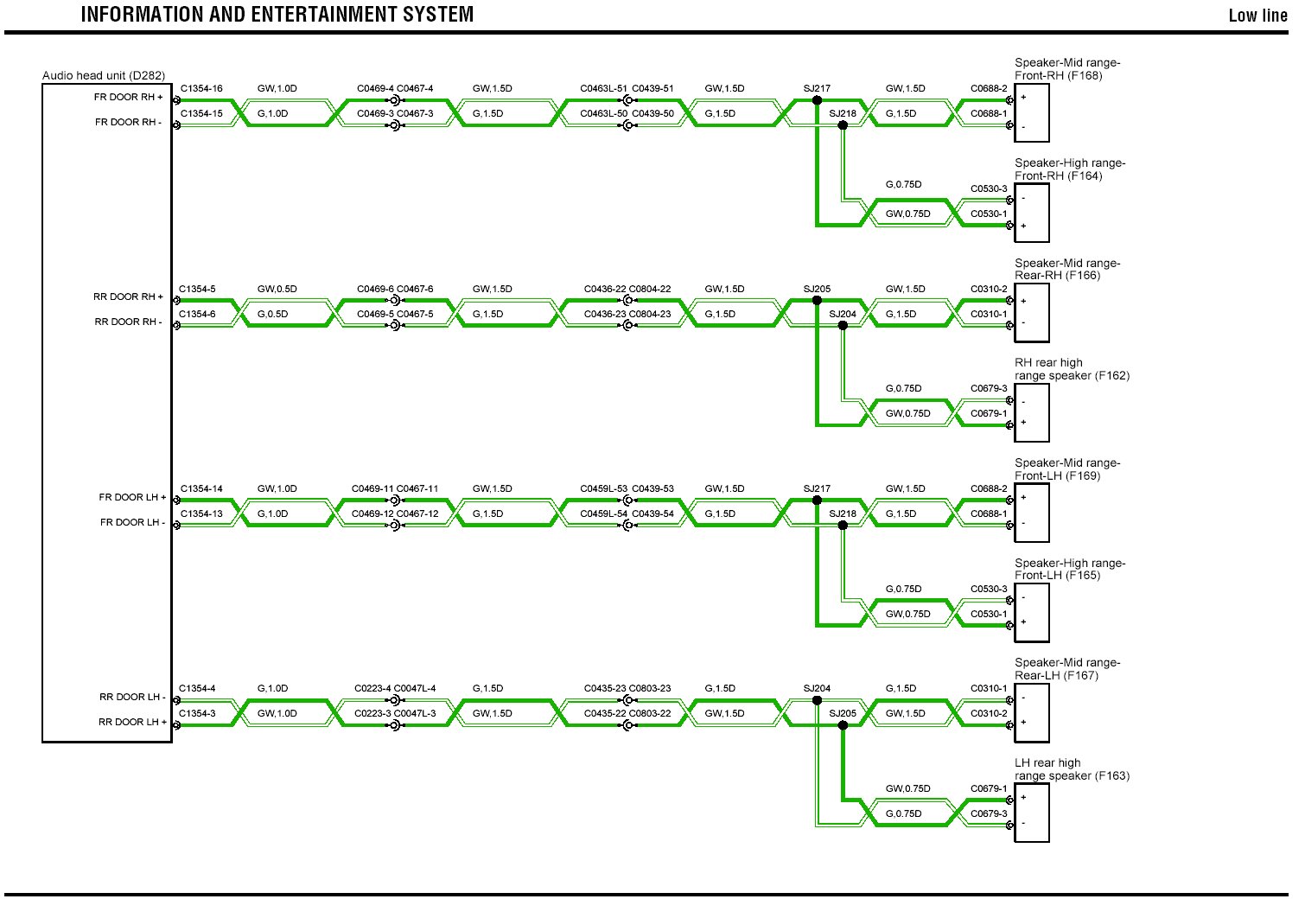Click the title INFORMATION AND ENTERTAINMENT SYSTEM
pyautogui.click(x=277, y=15)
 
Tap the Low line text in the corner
pyautogui.click(x=1257, y=16)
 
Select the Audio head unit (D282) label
pyautogui.click(x=104, y=76)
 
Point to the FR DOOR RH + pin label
pyautogui.click(x=129, y=98)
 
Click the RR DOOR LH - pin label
pyautogui.click(x=130, y=697)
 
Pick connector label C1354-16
pyautogui.click(x=201, y=89)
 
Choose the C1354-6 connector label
pyautogui.click(x=198, y=315)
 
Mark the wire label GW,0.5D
pyautogui.click(x=277, y=290)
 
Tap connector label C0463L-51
pyautogui.click(x=603, y=89)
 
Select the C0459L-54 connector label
pyautogui.click(x=603, y=514)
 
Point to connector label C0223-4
pyautogui.click(x=372, y=689)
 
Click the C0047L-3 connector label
pyautogui.click(x=415, y=714)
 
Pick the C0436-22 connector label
pyautogui.click(x=605, y=290)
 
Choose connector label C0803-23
pyautogui.click(x=650, y=689)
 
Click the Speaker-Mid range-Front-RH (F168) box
pyautogui.click(x=1032, y=112)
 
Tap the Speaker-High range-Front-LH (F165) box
pyautogui.click(x=1032, y=613)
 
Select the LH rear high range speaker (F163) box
pyautogui.click(x=1032, y=813)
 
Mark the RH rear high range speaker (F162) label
pyautogui.click(x=1072, y=369)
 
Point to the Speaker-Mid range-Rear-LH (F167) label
pyautogui.click(x=1067, y=669)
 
